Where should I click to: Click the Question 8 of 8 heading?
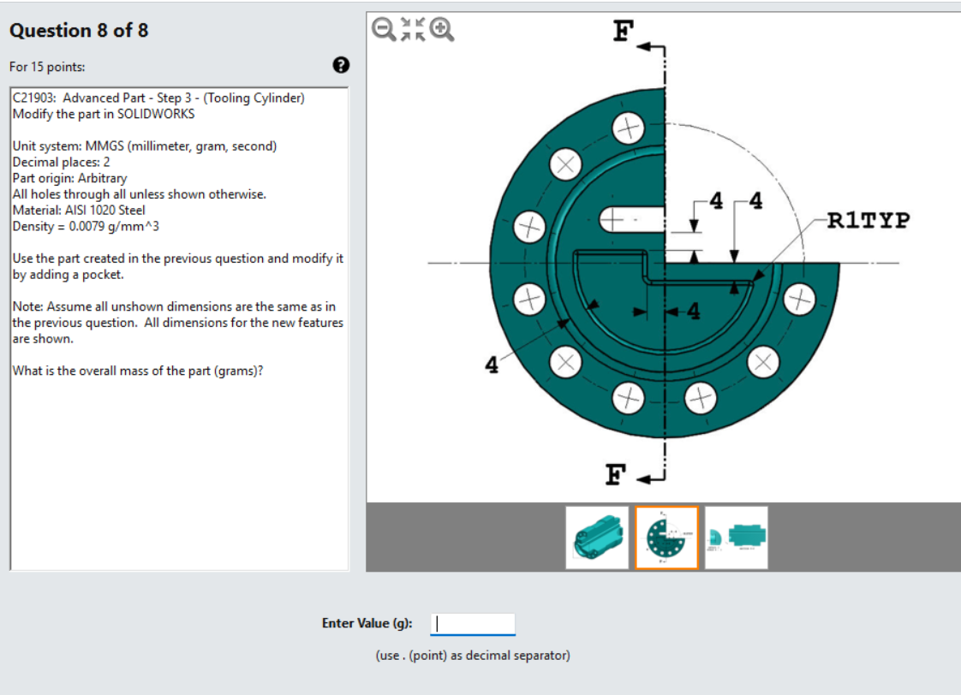pyautogui.click(x=79, y=31)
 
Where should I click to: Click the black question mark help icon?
pyautogui.click(x=340, y=65)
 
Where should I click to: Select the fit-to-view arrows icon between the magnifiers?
pyautogui.click(x=414, y=30)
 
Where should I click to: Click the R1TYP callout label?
pyautogui.click(x=868, y=221)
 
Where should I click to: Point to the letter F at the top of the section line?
pyautogui.click(x=623, y=33)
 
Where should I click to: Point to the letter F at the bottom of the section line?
pyautogui.click(x=614, y=474)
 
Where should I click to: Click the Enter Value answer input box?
pyautogui.click(x=472, y=624)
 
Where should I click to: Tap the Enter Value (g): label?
pyautogui.click(x=367, y=623)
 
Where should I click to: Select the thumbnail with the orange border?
pyautogui.click(x=666, y=538)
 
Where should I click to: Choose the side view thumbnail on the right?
pyautogui.click(x=737, y=538)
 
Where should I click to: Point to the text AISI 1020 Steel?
pyautogui.click(x=104, y=210)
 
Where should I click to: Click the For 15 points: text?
pyautogui.click(x=47, y=67)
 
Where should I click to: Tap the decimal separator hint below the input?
pyautogui.click(x=472, y=656)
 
